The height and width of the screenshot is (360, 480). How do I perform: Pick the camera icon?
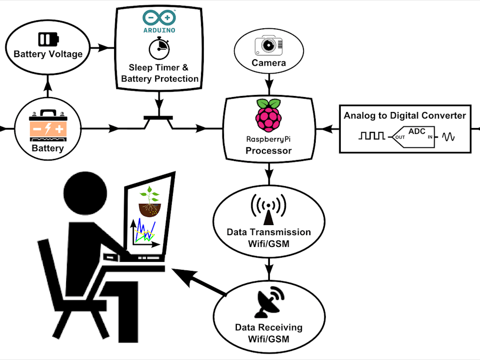[x=269, y=45]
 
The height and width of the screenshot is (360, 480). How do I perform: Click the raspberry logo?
[x=268, y=115]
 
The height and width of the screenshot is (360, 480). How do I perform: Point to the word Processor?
[x=268, y=151]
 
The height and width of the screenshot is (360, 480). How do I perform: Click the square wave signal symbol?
[x=371, y=136]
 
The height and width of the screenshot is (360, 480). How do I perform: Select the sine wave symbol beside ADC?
[x=448, y=137]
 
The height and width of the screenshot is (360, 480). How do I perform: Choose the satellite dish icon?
[x=269, y=303]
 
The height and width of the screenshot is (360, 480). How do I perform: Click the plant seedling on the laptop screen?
[x=149, y=201]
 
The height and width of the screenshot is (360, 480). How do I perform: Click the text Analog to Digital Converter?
[x=405, y=116]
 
